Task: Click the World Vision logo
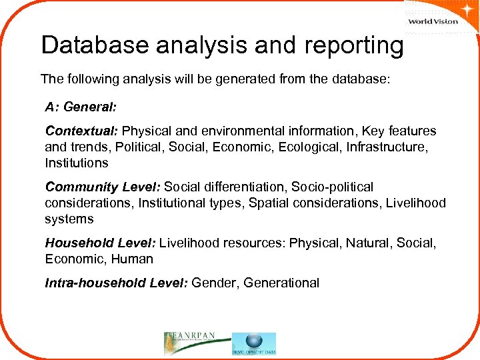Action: click(433, 20)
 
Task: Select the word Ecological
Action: click(310, 147)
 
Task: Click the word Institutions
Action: click(76, 163)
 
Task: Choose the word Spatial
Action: click(268, 203)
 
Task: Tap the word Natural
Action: click(368, 244)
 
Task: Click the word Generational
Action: click(281, 283)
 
